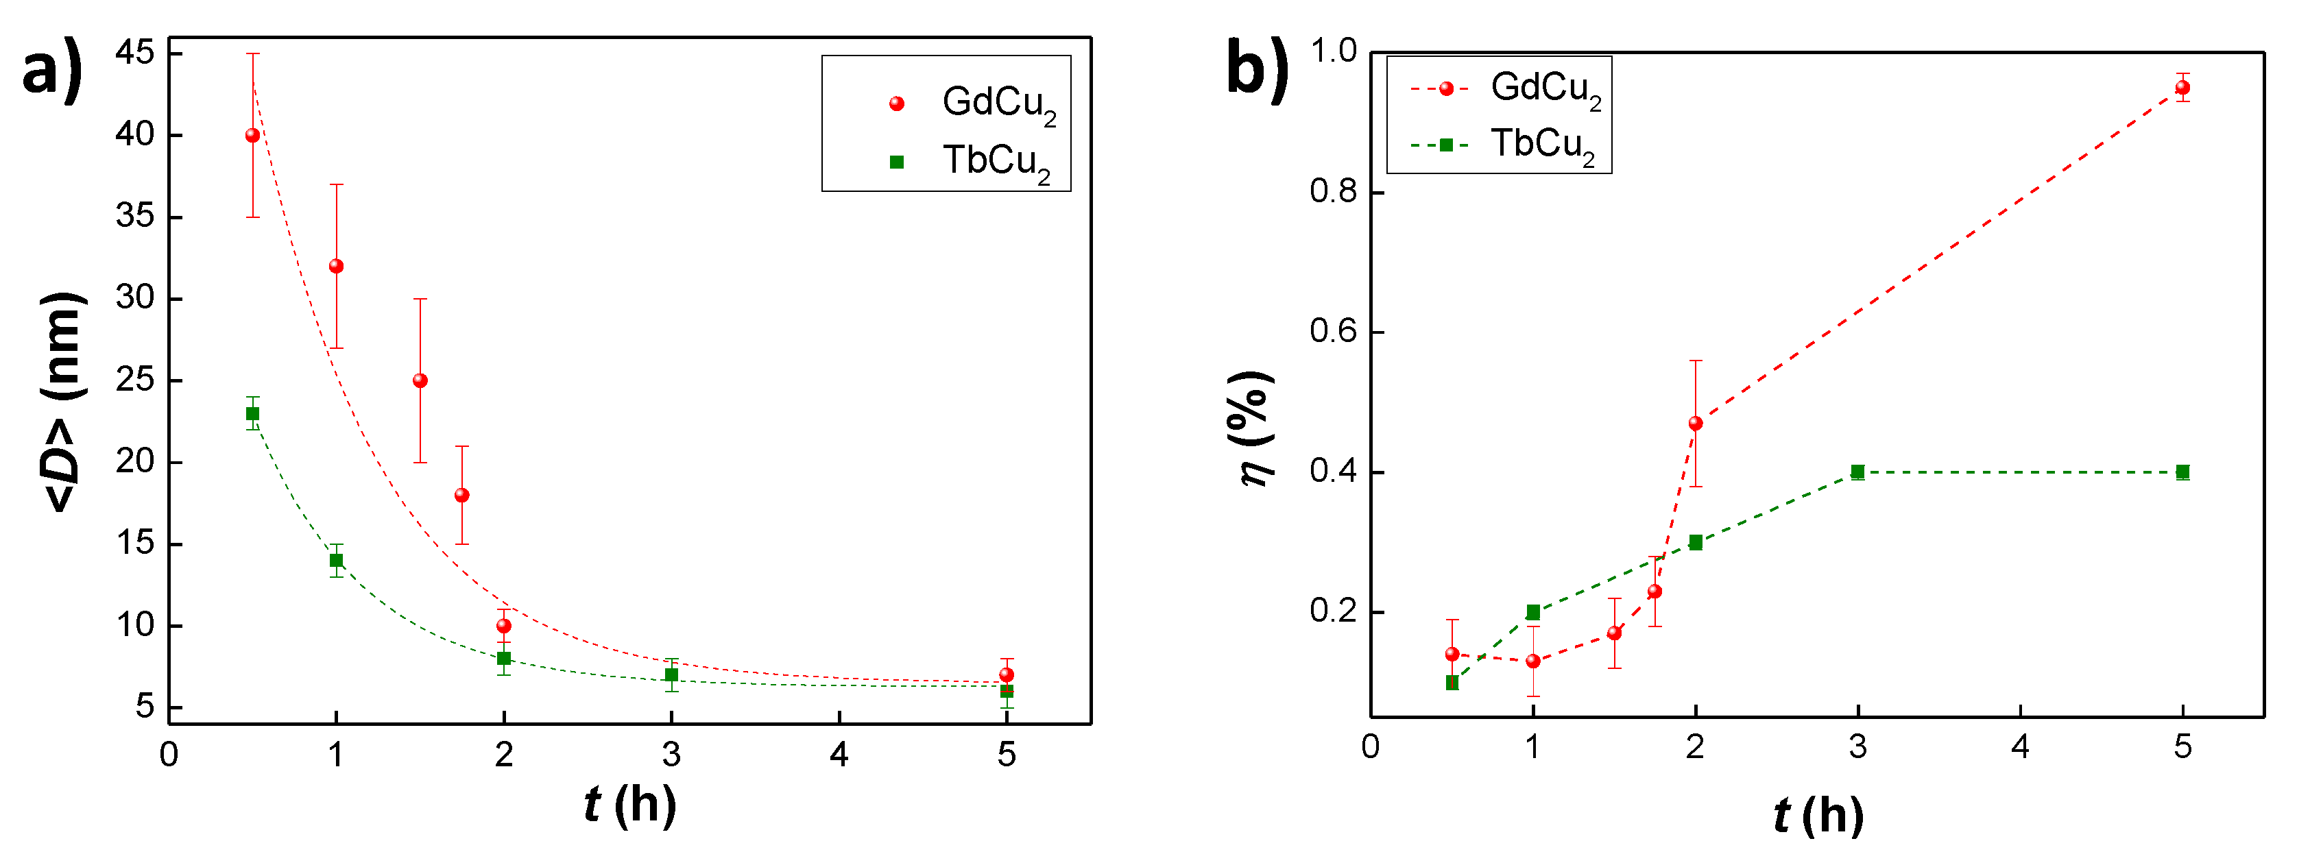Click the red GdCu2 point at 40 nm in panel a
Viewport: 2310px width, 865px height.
(x=253, y=135)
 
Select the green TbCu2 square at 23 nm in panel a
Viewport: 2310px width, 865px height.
(x=253, y=413)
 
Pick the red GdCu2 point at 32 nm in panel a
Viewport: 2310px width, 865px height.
(x=336, y=266)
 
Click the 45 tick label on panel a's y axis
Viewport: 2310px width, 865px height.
(x=135, y=53)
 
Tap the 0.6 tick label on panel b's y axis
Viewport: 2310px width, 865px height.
(x=1334, y=332)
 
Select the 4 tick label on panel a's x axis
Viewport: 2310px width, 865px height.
(x=839, y=755)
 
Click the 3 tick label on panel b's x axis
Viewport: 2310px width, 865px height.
(x=1857, y=746)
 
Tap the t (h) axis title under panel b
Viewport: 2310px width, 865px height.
(x=1818, y=815)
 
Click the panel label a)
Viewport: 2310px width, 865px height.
(x=52, y=72)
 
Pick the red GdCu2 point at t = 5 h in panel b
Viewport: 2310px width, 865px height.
(x=2182, y=88)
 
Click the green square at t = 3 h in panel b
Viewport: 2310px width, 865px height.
(x=1857, y=472)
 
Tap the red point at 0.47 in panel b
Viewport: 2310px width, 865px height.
(x=1695, y=423)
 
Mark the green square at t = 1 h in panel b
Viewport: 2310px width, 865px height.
(x=1533, y=612)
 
